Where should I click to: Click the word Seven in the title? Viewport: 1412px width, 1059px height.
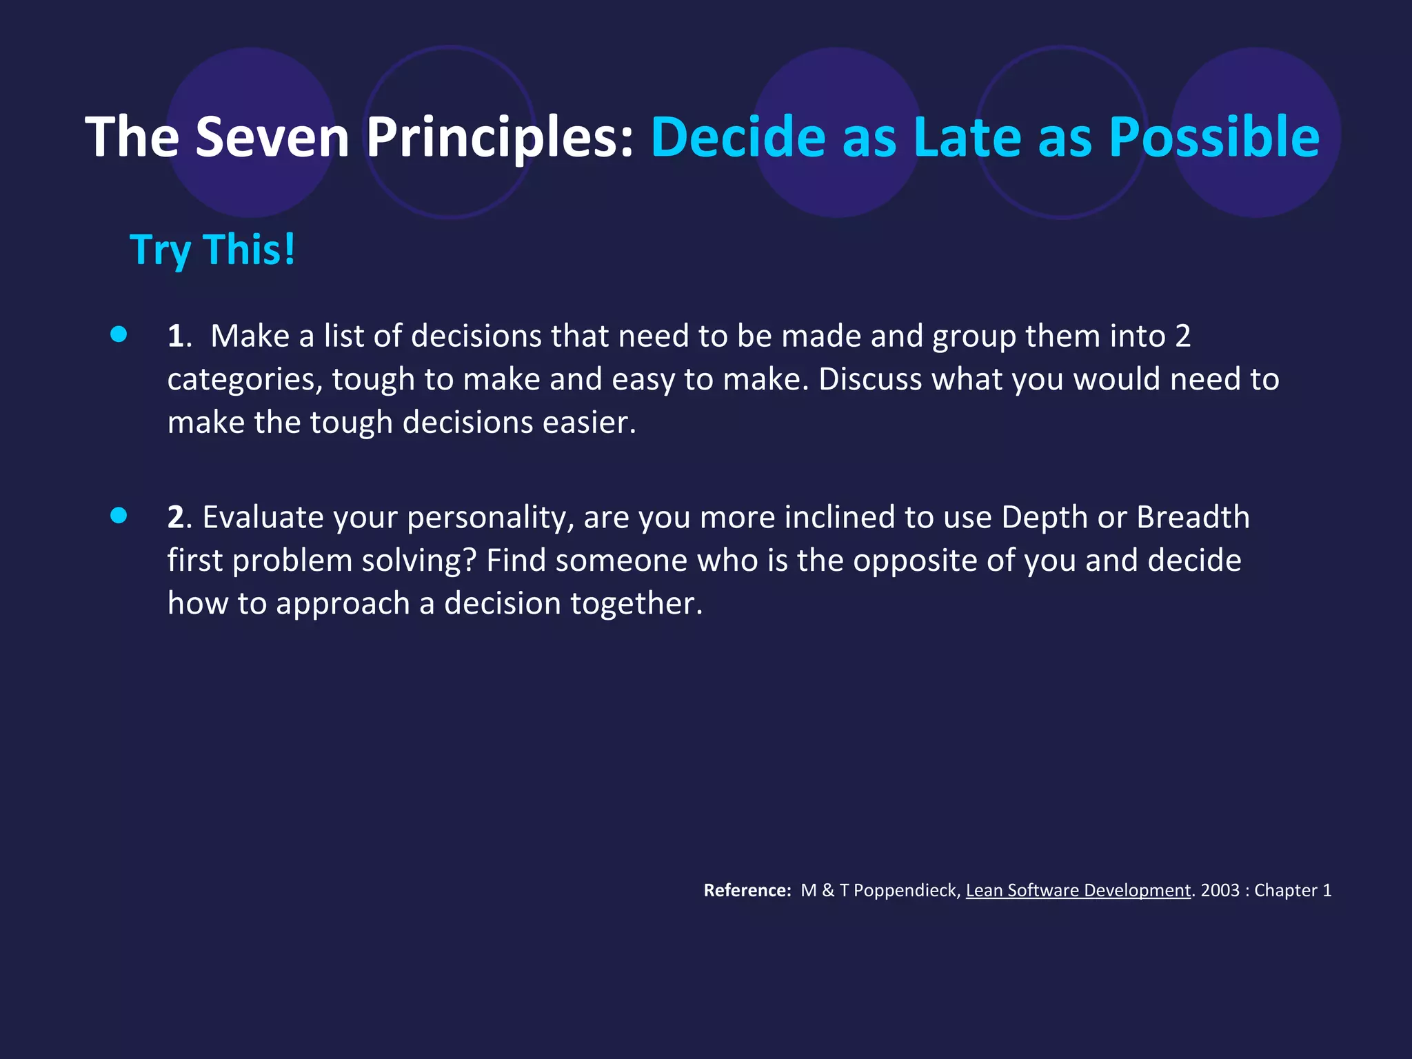pos(272,137)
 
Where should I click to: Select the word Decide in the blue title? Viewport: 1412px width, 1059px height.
pos(738,137)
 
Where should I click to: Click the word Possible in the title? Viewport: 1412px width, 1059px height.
pos(1214,137)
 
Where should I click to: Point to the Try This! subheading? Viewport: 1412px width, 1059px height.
pos(212,250)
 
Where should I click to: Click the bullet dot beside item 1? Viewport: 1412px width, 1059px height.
pos(119,334)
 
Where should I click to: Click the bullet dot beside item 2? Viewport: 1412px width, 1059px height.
pos(119,516)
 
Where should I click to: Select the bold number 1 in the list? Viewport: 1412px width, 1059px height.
pos(176,336)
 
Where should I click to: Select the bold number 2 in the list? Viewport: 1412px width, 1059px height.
pos(176,518)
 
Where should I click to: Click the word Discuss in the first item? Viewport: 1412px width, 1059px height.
pos(870,379)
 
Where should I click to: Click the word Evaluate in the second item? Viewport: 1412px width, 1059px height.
pos(263,518)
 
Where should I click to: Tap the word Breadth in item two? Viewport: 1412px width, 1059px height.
pos(1193,517)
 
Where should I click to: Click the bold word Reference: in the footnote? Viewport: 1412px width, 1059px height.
pos(747,891)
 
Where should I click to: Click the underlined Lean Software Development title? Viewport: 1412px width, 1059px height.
pos(1078,891)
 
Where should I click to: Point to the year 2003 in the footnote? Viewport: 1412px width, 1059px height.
pos(1220,891)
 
